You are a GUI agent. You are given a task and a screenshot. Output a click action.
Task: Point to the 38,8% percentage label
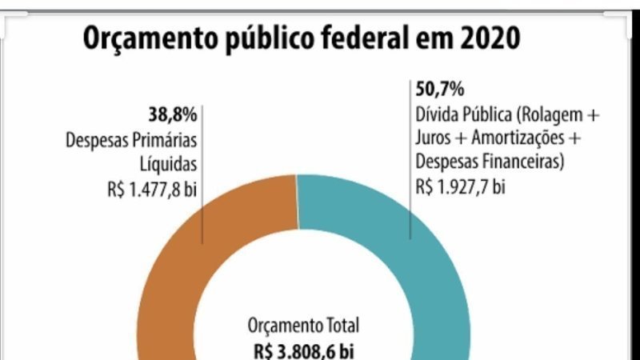click(173, 113)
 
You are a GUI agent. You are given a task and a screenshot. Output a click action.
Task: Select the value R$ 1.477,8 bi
click(151, 192)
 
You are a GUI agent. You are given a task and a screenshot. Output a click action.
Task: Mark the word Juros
click(434, 138)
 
